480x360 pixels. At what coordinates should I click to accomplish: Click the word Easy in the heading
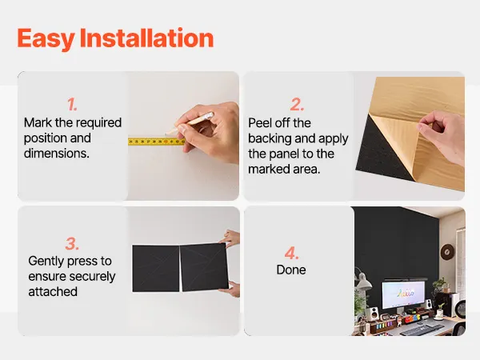pos(46,39)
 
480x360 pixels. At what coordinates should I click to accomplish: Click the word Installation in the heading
pos(146,38)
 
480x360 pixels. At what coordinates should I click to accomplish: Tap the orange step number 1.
pos(72,104)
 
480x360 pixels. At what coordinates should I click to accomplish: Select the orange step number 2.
pos(297,104)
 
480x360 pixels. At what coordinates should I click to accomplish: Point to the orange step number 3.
pos(72,244)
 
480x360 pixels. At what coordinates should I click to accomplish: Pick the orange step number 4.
pos(291,253)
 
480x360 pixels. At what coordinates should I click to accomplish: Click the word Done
pos(291,270)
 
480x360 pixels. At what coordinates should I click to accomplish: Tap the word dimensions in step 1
pos(57,153)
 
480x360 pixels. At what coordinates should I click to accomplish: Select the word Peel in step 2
pos(260,123)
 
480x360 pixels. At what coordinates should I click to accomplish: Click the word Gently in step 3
pos(46,262)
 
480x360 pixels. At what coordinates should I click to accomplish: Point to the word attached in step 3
pos(53,291)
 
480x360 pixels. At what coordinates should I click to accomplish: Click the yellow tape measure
pos(157,142)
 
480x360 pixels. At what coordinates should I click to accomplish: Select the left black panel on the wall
pos(156,268)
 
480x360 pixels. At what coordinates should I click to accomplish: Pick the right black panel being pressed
pos(204,266)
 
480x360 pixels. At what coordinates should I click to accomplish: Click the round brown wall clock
pos(447,252)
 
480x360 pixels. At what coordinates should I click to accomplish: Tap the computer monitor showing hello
pos(403,294)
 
